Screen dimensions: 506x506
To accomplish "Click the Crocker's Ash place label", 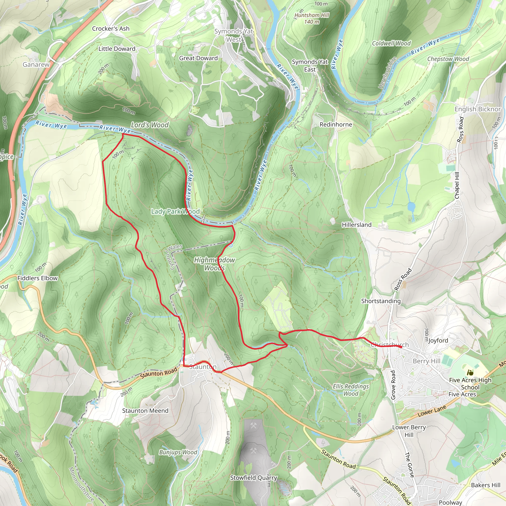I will pyautogui.click(x=110, y=29).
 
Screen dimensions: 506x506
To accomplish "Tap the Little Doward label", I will pyautogui.click(x=117, y=49).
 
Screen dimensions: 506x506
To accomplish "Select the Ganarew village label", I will pyautogui.click(x=36, y=64).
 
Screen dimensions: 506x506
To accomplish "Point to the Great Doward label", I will pyautogui.click(x=198, y=58).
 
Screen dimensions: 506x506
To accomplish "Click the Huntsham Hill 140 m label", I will pyautogui.click(x=312, y=18).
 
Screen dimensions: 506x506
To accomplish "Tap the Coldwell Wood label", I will pyautogui.click(x=391, y=43).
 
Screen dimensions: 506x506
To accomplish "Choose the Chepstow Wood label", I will pyautogui.click(x=448, y=59).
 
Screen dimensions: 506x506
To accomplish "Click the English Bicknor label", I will pyautogui.click(x=477, y=109).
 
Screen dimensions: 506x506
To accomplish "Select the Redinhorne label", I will pyautogui.click(x=336, y=125).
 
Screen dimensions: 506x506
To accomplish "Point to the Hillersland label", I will pyautogui.click(x=357, y=225).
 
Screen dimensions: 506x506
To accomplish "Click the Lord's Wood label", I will pyautogui.click(x=149, y=125).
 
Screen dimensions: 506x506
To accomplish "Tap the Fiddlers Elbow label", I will pyautogui.click(x=38, y=278).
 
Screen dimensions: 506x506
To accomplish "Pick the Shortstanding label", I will pyautogui.click(x=381, y=301).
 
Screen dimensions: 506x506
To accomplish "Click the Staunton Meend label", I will pyautogui.click(x=145, y=411).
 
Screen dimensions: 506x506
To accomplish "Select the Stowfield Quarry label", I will pyautogui.click(x=253, y=478).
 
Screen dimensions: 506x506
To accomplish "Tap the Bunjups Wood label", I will pyautogui.click(x=178, y=452).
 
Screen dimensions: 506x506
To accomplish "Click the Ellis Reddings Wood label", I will pyautogui.click(x=351, y=390).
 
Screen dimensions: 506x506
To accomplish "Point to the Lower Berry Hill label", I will pyautogui.click(x=409, y=431).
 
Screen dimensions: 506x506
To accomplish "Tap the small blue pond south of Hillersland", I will pyautogui.click(x=411, y=207).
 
